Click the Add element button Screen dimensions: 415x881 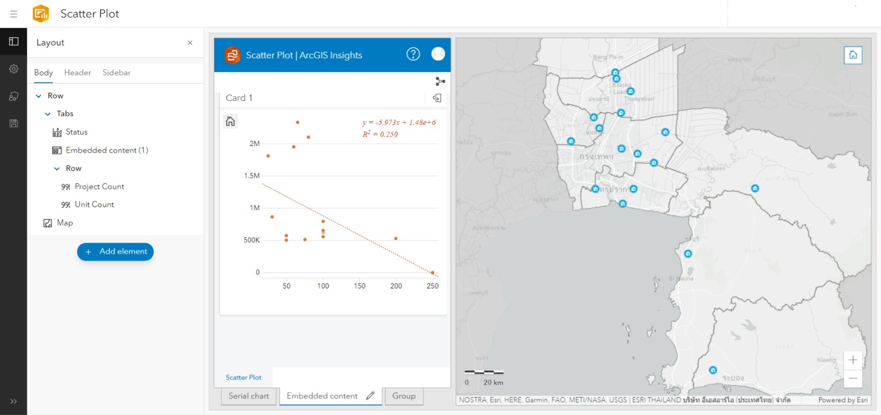[x=115, y=251]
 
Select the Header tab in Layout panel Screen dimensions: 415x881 [x=78, y=72]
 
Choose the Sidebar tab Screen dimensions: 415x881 [x=116, y=72]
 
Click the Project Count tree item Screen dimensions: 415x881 [x=99, y=186]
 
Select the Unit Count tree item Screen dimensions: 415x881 [x=94, y=204]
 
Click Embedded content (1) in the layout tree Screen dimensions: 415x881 [x=107, y=150]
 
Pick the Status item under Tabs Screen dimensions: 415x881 [x=77, y=132]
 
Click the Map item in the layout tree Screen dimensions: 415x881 [x=65, y=223]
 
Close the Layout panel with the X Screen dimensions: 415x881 [x=190, y=42]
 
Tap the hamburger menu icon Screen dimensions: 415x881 [x=14, y=14]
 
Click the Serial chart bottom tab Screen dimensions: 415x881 [x=248, y=396]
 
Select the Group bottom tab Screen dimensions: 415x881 [x=404, y=396]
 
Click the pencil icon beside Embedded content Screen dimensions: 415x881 [x=370, y=396]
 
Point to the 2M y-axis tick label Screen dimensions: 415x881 [x=255, y=143]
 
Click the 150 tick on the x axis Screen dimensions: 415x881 [x=360, y=286]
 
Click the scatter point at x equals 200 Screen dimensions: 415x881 [x=396, y=239]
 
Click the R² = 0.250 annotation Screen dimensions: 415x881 [x=380, y=134]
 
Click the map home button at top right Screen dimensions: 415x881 [x=853, y=55]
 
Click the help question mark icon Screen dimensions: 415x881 [x=413, y=54]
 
